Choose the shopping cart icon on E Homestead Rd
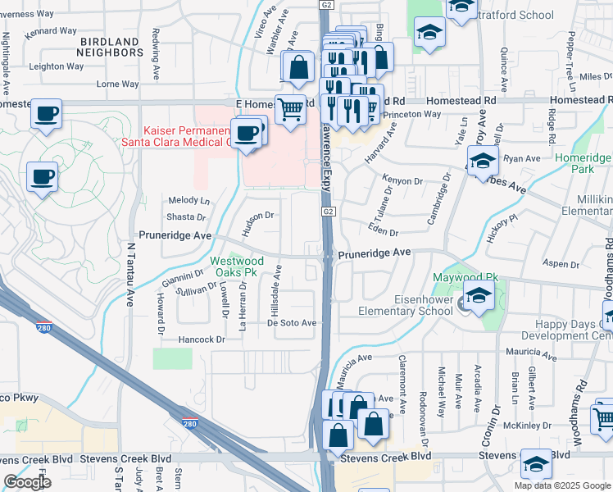(x=290, y=110)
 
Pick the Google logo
(x=27, y=482)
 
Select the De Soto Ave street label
(x=292, y=323)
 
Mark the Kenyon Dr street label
(x=402, y=180)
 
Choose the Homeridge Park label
(x=583, y=163)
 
